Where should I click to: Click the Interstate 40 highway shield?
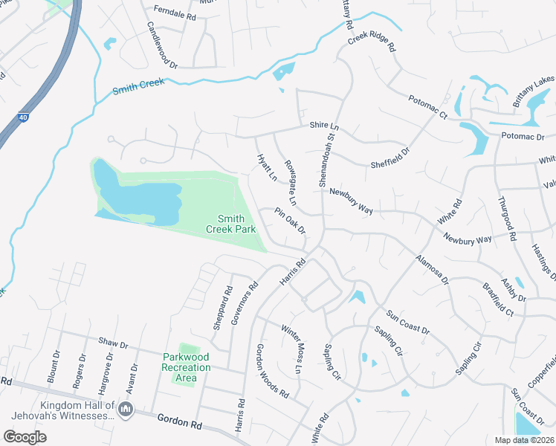(22, 117)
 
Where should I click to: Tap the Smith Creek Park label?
(236, 224)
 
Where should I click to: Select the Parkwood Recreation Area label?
(186, 367)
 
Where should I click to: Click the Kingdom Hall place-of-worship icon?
(125, 409)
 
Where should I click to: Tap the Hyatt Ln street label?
(267, 169)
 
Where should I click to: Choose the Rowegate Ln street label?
(291, 181)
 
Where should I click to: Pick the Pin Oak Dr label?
(291, 220)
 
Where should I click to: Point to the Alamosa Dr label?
(432, 270)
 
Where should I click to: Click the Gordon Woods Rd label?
(271, 371)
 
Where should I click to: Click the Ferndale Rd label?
(174, 13)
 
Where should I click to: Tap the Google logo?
(25, 436)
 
